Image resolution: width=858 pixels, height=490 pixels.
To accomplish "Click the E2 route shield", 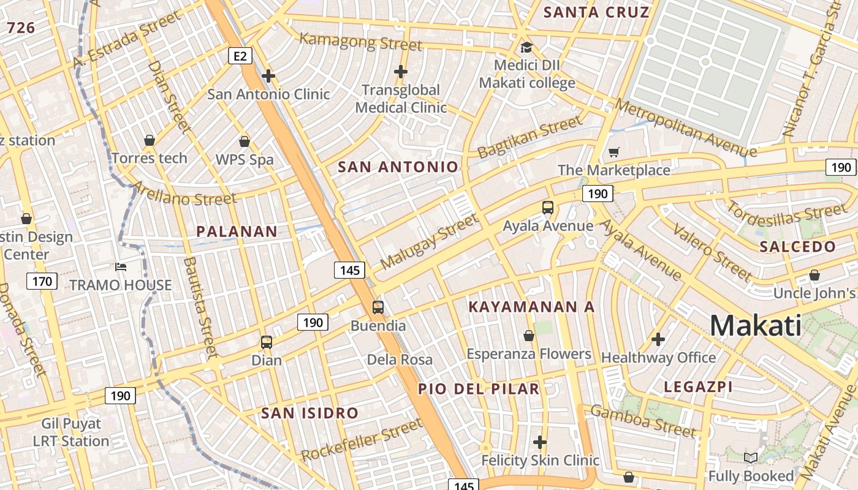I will (x=240, y=56).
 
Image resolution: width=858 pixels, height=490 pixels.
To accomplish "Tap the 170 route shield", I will (x=42, y=281).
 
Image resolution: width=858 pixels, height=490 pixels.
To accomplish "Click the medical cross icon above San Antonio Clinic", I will (x=268, y=76).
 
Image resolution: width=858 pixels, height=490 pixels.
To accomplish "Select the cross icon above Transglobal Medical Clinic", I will (x=401, y=72).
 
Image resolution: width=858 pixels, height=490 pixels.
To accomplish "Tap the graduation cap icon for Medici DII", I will (x=526, y=48).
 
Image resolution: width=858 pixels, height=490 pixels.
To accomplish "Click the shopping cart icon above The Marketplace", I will (x=613, y=152).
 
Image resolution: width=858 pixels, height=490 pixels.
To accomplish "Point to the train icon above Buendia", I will (x=378, y=307).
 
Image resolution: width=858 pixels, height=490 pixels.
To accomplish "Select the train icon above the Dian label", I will (x=267, y=342).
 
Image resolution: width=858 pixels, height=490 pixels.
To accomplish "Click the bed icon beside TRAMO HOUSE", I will (x=121, y=267).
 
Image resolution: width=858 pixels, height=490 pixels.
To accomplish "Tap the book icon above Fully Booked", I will (x=750, y=458).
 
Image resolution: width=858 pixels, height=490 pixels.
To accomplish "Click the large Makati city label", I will (x=756, y=325).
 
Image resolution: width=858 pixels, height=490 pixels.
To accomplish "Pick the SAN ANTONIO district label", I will (x=398, y=167).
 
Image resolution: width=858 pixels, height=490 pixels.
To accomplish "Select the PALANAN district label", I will (x=237, y=232).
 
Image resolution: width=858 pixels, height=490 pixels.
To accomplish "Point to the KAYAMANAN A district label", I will (x=531, y=307).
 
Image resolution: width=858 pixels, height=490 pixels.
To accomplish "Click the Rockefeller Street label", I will (x=362, y=440).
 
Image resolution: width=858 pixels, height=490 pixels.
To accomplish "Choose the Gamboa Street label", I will (x=643, y=421).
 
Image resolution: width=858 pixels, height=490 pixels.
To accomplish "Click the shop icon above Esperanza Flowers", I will (x=529, y=336).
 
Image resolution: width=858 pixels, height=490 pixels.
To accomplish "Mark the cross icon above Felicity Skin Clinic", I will (x=539, y=442).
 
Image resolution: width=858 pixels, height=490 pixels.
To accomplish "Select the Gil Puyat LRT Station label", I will (x=71, y=432).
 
